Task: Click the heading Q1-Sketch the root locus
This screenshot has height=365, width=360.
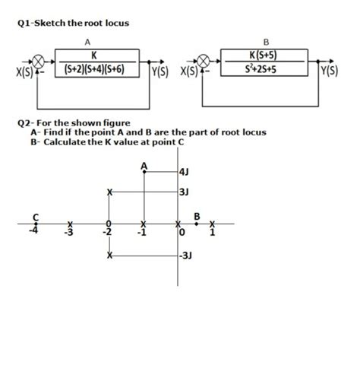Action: (x=73, y=23)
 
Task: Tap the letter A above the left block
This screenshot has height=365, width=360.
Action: (x=87, y=42)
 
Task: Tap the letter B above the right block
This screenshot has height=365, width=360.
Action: (x=264, y=42)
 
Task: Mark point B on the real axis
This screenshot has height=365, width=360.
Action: (x=197, y=224)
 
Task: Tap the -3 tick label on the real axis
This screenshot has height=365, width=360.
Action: (x=69, y=233)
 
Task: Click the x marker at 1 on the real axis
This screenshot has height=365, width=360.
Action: (x=213, y=224)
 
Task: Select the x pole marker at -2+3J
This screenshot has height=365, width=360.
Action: (x=111, y=193)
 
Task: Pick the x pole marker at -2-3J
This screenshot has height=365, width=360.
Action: (x=111, y=257)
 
